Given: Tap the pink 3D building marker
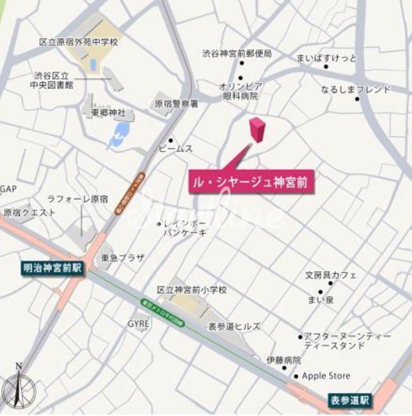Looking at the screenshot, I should (257, 130).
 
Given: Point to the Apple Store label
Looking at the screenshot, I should (326, 376).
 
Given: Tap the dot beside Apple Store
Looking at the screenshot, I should (296, 377).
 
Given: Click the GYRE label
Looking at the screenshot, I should (138, 324).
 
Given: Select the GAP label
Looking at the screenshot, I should (9, 189).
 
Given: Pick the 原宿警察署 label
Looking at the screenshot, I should (176, 104).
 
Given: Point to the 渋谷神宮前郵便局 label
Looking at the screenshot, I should (237, 53).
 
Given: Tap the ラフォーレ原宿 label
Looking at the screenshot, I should (78, 200).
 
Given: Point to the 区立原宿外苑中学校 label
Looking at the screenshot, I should (79, 42).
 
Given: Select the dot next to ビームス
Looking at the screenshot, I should (171, 140).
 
